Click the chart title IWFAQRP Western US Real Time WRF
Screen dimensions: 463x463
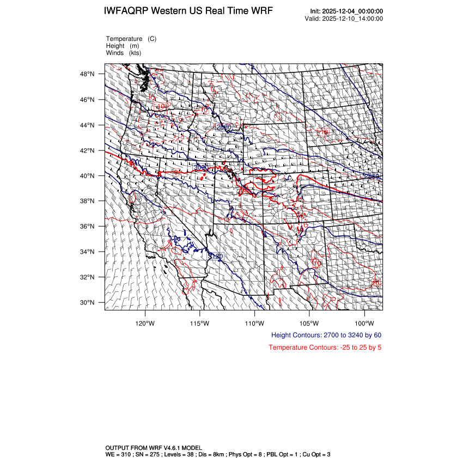point(188,11)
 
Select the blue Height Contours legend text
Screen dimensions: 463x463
point(326,335)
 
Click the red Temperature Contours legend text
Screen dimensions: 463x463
point(325,348)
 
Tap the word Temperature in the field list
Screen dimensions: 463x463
point(124,39)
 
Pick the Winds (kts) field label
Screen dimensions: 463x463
point(124,53)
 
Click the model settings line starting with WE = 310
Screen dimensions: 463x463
point(218,454)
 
